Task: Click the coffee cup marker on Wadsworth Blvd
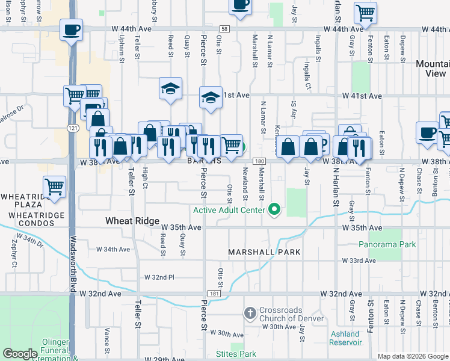(x=71, y=30)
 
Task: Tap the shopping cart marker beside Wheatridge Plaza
(x=55, y=187)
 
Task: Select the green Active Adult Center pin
(x=274, y=210)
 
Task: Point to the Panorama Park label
(x=387, y=245)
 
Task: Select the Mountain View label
(x=431, y=69)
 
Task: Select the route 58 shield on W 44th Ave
(x=224, y=28)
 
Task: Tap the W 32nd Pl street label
(x=159, y=277)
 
